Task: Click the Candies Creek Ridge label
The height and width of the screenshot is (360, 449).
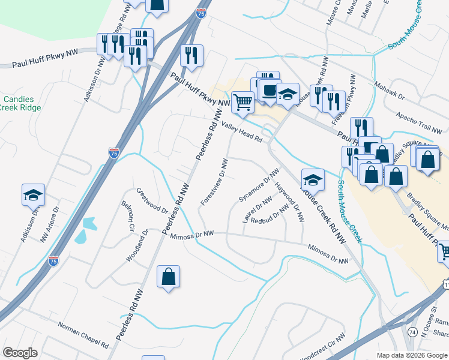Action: pos(22,103)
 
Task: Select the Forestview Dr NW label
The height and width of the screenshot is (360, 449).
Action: pos(215,182)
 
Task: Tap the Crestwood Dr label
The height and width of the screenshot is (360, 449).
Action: pos(152,201)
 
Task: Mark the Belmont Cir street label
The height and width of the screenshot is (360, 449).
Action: pos(127,216)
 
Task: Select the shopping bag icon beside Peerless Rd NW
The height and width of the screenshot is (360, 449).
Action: pos(168,277)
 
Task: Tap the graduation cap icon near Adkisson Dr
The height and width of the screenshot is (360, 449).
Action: pos(34,194)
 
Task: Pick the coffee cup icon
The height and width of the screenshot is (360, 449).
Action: pos(268,91)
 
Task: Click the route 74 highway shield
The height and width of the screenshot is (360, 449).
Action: pos(412,332)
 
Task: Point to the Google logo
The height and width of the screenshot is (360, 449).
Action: pos(20,353)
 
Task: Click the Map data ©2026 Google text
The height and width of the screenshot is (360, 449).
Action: pos(411,355)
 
